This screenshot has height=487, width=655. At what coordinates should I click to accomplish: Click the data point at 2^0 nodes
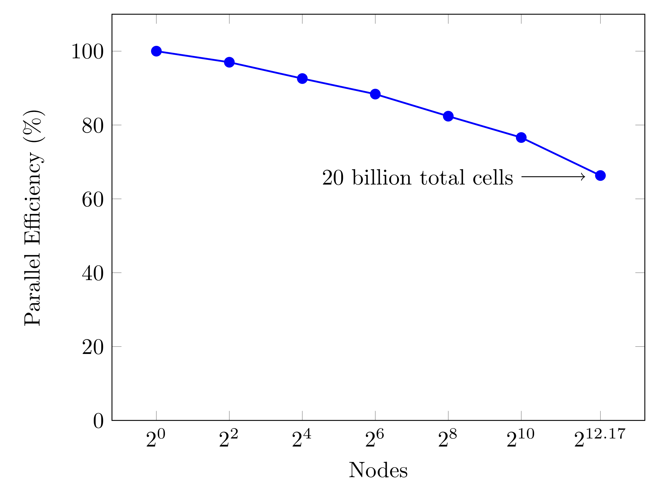click(x=156, y=51)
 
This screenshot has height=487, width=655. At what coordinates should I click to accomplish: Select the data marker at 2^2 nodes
click(x=229, y=62)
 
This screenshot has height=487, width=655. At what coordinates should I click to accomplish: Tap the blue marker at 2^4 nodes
click(x=302, y=79)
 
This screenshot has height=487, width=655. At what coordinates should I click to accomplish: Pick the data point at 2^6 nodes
click(x=375, y=94)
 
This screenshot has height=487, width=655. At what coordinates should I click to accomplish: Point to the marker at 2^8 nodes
click(x=448, y=116)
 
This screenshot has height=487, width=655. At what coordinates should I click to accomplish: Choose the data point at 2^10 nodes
click(x=521, y=138)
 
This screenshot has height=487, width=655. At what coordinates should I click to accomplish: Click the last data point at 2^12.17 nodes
click(x=600, y=176)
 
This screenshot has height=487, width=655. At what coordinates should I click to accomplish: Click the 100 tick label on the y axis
click(x=87, y=52)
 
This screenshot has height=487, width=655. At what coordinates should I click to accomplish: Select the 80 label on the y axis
click(x=93, y=126)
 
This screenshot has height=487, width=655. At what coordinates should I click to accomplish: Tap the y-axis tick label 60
click(x=93, y=199)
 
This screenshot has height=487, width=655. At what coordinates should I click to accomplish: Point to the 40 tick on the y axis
click(x=93, y=273)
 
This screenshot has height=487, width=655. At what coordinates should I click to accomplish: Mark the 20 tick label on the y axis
click(x=93, y=347)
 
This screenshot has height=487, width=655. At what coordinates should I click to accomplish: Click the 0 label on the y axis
click(x=98, y=421)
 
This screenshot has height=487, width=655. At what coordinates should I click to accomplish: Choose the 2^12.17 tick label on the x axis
click(x=600, y=439)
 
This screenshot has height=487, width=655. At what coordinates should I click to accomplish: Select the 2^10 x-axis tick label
click(x=520, y=439)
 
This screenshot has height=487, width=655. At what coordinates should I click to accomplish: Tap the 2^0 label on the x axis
click(x=155, y=439)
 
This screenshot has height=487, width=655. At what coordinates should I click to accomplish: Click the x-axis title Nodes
click(x=378, y=470)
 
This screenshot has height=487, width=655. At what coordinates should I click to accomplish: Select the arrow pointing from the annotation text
click(x=553, y=177)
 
